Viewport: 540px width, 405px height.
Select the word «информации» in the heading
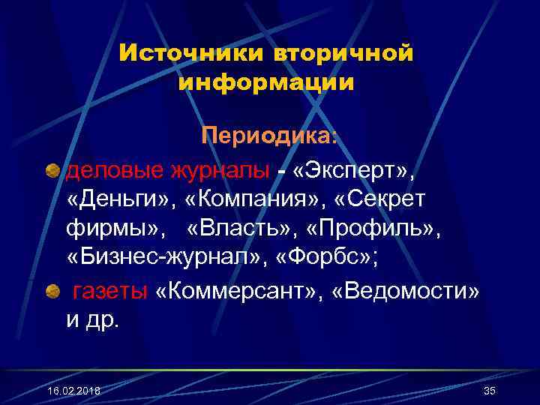click(266, 82)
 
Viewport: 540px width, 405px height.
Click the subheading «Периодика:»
click(269, 136)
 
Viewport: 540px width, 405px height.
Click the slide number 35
click(490, 391)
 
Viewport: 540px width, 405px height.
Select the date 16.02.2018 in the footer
click(73, 391)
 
